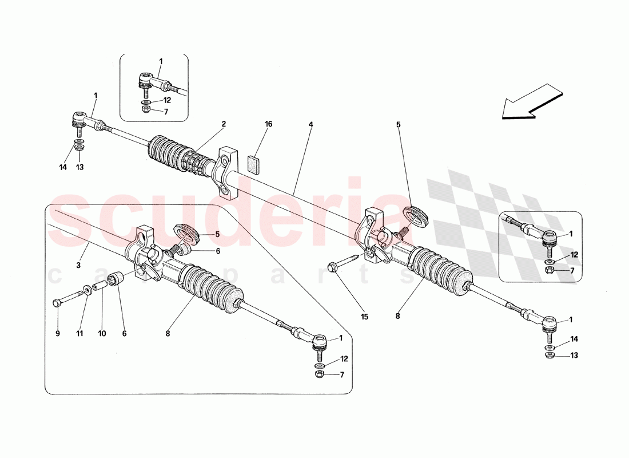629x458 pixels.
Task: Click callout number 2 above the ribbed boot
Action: coord(224,124)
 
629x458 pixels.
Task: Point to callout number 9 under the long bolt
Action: coord(58,333)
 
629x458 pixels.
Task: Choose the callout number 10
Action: coord(101,333)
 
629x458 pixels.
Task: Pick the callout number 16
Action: coord(268,124)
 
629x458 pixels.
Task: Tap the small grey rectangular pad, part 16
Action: coord(254,164)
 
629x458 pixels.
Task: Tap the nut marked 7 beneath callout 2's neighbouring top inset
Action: coord(146,110)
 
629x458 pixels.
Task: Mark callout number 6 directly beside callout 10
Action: coord(124,333)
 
